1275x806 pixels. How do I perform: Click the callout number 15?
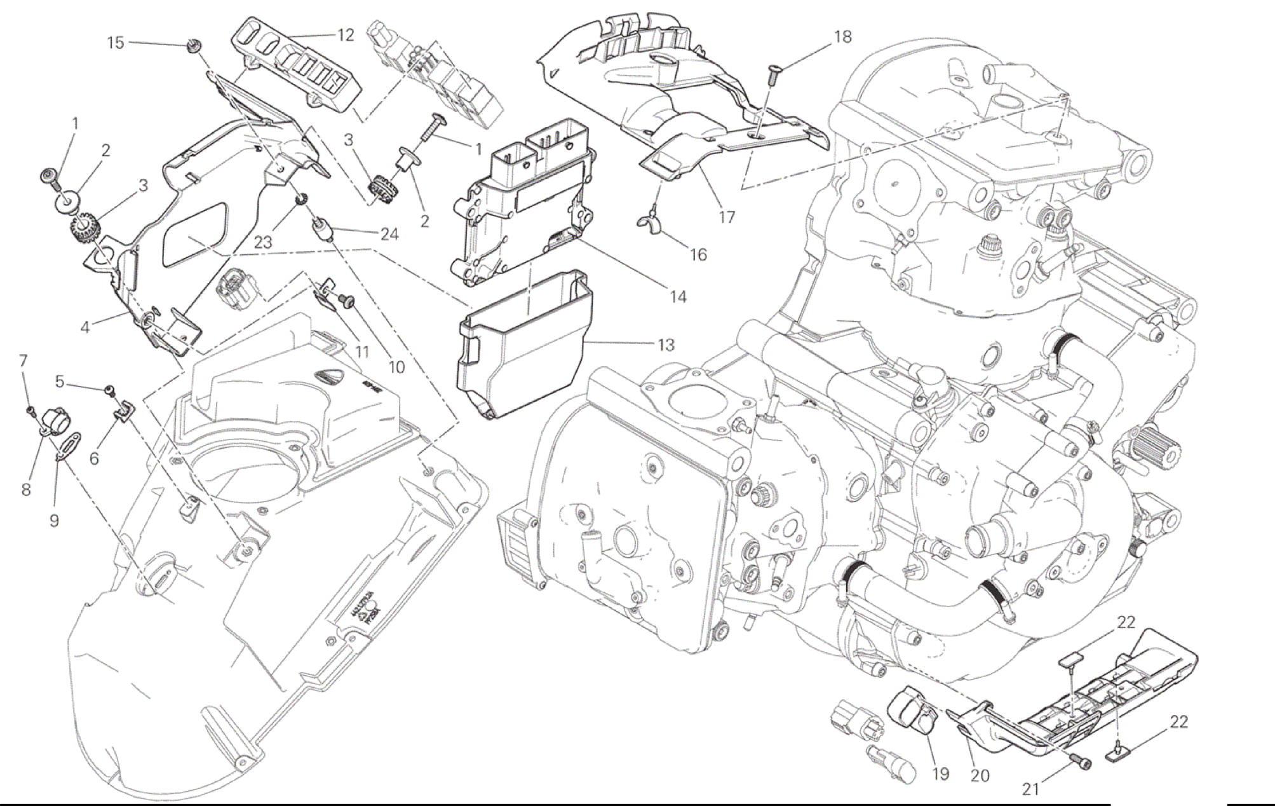point(115,43)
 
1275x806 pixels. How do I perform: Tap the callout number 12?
point(345,35)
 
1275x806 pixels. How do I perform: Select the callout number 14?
point(678,297)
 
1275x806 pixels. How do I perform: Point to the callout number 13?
point(665,345)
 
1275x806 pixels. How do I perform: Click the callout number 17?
point(726,217)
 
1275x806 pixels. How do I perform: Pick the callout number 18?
point(842,37)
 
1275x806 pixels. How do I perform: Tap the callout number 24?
point(389,235)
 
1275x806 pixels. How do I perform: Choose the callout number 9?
point(54,521)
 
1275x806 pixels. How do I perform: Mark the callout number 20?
point(980,775)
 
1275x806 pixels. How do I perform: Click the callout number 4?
point(85,327)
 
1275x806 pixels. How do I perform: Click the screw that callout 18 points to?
point(773,74)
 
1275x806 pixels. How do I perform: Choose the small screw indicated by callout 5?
point(110,389)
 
